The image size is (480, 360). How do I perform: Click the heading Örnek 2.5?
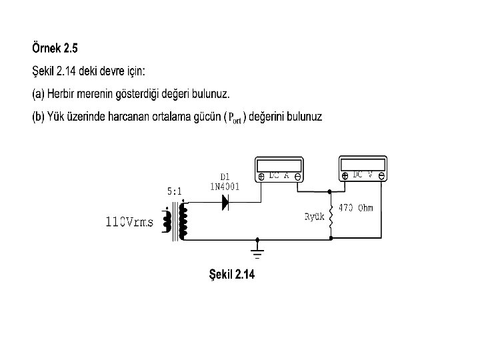55,48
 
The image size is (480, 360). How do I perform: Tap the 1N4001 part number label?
225,187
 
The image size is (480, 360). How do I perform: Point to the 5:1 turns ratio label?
174,191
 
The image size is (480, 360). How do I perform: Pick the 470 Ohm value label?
356,208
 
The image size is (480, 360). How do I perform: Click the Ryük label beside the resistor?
314,217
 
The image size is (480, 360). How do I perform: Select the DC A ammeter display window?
280,165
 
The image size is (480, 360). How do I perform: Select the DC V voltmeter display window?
363,164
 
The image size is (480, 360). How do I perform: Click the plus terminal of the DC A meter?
262,177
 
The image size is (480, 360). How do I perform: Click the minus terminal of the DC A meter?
297,177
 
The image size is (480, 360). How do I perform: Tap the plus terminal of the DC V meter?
345,176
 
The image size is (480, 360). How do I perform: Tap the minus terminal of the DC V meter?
380,176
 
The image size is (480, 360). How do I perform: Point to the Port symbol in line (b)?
234,118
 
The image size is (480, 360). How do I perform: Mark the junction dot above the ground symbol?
257,239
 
